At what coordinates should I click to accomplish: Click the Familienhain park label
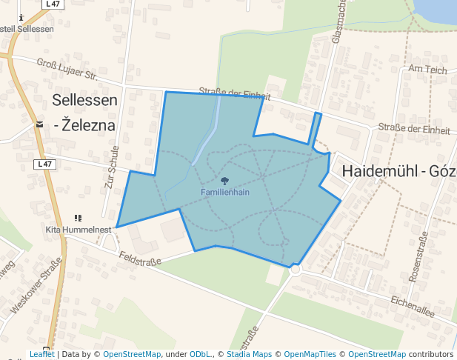tap(224, 192)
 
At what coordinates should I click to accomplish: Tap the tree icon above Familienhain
tap(224, 181)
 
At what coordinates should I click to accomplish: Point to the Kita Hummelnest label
tap(79, 230)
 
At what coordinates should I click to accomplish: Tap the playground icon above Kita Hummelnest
tap(78, 219)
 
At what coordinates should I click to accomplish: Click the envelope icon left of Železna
tap(39, 124)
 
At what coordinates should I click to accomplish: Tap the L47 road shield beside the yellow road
tap(45, 164)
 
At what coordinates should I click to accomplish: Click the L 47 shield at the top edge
tap(53, 4)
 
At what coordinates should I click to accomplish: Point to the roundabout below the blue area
tap(296, 270)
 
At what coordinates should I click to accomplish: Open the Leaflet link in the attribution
tap(41, 355)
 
